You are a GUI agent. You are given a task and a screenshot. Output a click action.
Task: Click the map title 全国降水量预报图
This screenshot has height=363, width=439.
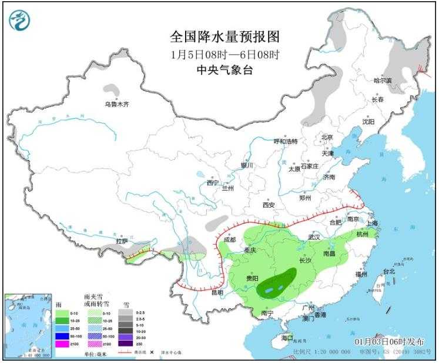click(x=224, y=37)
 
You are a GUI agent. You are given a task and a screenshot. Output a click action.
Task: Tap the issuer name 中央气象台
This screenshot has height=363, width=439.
click(x=224, y=70)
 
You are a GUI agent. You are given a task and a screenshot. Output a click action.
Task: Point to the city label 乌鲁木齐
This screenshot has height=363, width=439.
click(x=116, y=104)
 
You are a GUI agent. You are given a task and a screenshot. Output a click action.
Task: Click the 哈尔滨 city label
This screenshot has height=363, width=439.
click(x=386, y=80)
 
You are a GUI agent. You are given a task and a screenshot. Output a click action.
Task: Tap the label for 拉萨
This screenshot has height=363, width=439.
click(x=122, y=241)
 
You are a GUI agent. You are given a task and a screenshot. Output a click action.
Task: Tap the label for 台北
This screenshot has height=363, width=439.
click(x=389, y=272)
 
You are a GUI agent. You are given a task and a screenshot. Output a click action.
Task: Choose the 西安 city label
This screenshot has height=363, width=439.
click(x=269, y=205)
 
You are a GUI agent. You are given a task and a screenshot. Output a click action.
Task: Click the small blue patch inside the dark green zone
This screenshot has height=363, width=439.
click(x=269, y=290)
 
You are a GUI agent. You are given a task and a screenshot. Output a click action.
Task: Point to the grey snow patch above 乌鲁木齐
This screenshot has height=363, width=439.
click(x=110, y=91)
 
